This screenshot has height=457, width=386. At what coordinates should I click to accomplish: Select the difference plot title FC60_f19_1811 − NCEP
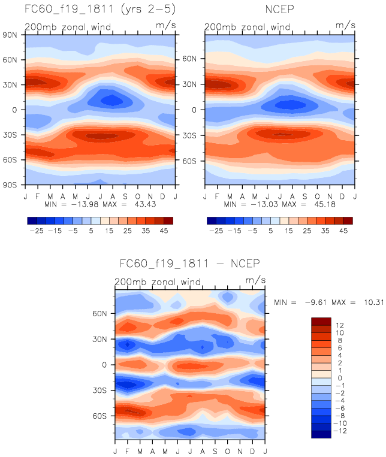click(190, 264)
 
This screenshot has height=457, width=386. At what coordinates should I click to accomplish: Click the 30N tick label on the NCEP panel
click(191, 84)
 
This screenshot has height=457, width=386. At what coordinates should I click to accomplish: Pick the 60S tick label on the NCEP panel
click(191, 161)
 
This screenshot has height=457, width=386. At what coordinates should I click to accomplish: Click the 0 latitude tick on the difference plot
click(105, 364)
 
